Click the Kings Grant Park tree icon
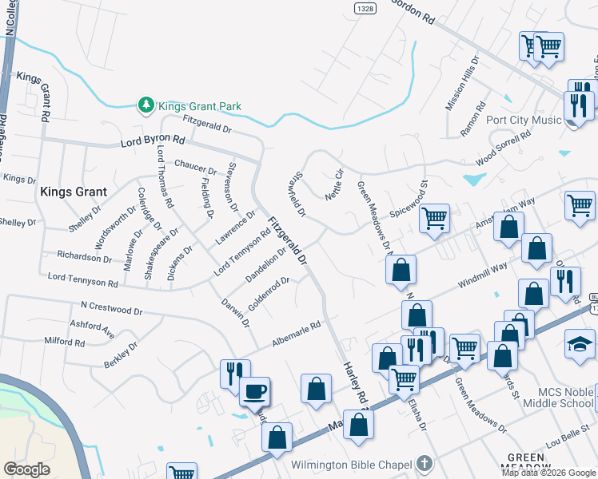[x=146, y=105]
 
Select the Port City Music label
[x=524, y=121]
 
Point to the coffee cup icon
[x=255, y=391]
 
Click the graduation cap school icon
[x=580, y=343]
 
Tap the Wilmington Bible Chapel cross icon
[x=425, y=464]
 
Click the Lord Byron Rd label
[x=152, y=141]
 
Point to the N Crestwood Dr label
[x=111, y=307]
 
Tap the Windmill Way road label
[x=482, y=275]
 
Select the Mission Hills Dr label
[x=461, y=83]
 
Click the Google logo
[x=26, y=469]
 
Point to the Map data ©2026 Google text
[x=548, y=473]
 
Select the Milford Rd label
[x=65, y=342]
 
